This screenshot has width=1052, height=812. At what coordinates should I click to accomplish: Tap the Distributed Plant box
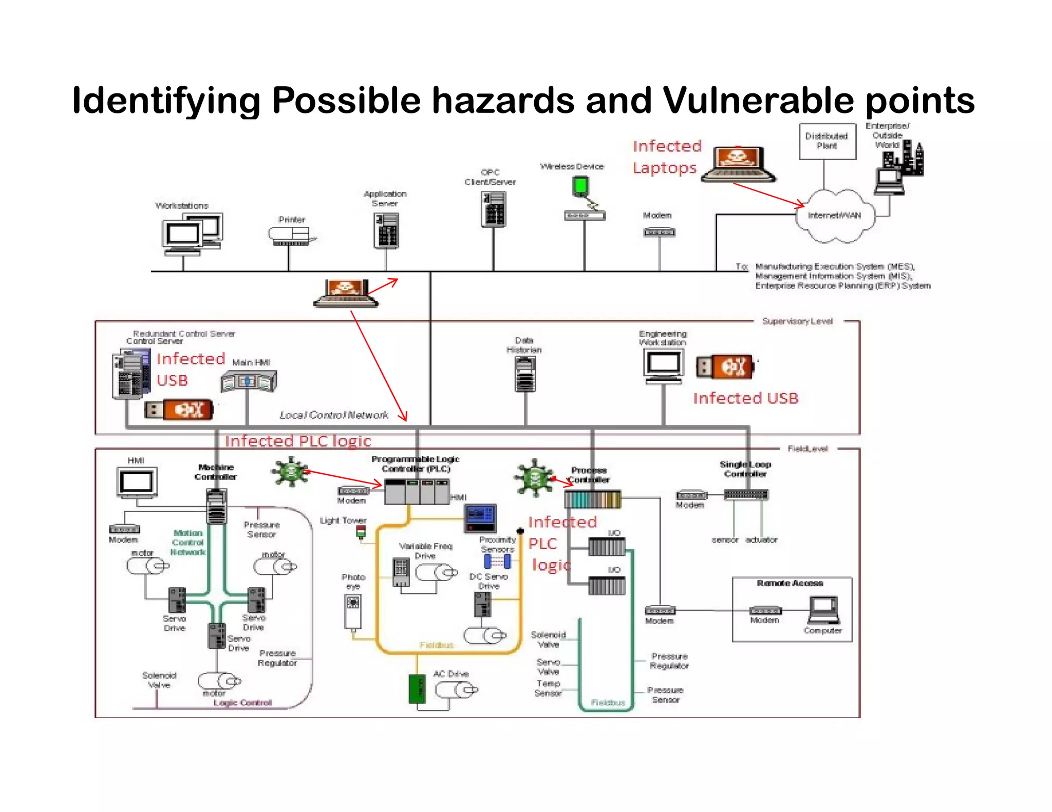827,141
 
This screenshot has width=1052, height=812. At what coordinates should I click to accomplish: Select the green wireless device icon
580,185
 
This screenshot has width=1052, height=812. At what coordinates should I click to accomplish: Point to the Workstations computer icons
192,234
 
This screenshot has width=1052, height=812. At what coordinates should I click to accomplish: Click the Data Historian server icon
524,374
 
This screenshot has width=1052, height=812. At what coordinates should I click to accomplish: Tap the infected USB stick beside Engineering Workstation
725,366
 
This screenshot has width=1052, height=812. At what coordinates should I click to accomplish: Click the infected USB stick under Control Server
179,410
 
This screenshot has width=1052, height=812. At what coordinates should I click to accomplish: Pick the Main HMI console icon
249,381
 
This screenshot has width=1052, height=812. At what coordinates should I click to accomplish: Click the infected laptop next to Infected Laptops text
738,164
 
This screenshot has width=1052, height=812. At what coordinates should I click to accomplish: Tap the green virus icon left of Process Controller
534,477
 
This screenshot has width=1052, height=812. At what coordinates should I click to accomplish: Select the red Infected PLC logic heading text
298,441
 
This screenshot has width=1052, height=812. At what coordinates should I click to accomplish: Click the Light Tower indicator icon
361,532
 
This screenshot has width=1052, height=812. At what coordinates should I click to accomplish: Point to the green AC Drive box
417,689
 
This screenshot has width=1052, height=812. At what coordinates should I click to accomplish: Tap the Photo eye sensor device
352,611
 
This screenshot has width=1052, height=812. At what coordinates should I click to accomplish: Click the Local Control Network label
334,415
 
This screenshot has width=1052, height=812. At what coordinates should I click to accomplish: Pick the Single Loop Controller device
746,495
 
